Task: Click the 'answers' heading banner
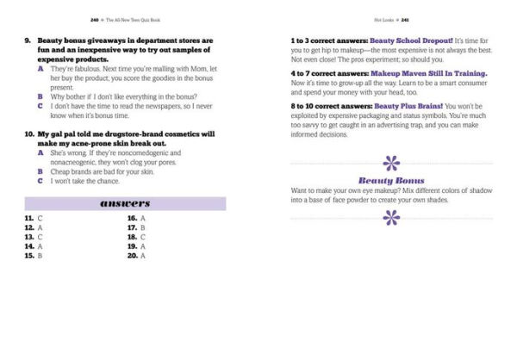[x=125, y=203]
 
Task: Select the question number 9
[x=28, y=40]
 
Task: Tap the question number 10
[x=30, y=134]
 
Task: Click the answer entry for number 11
[x=34, y=219]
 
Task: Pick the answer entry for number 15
[x=34, y=256]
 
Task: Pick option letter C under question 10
[x=41, y=181]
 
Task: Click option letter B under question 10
[x=41, y=171]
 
